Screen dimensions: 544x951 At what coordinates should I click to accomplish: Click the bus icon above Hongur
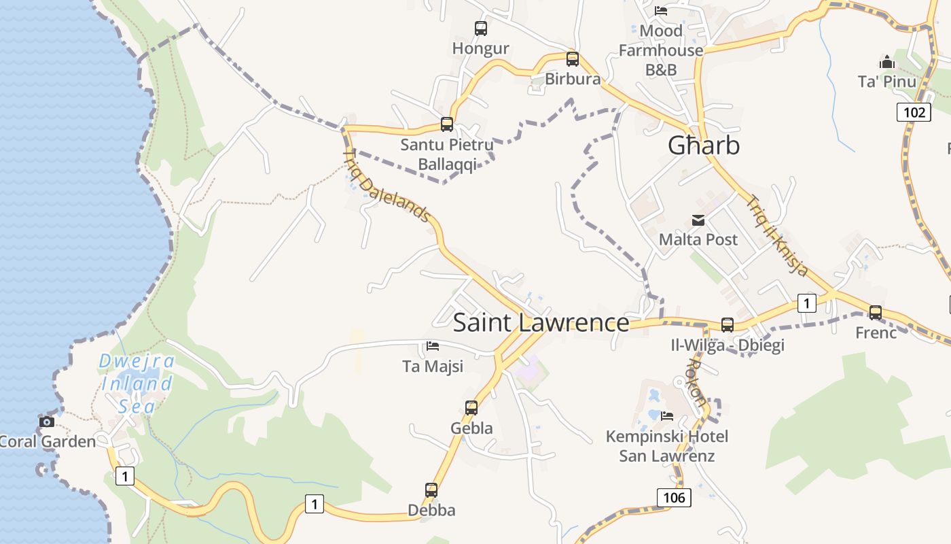click(x=481, y=29)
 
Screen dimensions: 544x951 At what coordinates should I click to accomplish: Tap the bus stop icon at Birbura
click(x=573, y=59)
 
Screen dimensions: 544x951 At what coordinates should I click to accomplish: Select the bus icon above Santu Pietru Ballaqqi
click(x=447, y=124)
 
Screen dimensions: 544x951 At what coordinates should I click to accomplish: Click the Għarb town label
click(x=704, y=146)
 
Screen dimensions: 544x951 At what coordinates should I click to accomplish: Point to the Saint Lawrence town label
click(x=541, y=322)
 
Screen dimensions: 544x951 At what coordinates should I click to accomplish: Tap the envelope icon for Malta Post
click(x=698, y=220)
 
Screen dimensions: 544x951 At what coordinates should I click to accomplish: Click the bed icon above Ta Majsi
click(x=433, y=346)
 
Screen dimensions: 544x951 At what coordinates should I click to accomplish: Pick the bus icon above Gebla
click(x=471, y=408)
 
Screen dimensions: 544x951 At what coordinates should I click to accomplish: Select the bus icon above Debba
click(x=431, y=490)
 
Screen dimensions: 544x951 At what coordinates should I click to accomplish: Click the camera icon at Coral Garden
click(x=47, y=422)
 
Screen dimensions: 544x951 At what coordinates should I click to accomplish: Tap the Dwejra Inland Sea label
click(x=137, y=384)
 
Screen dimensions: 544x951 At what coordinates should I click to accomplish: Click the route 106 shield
click(x=674, y=498)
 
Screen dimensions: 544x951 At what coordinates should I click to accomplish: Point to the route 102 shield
click(x=914, y=112)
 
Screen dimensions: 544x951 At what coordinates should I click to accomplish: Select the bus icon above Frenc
click(x=876, y=313)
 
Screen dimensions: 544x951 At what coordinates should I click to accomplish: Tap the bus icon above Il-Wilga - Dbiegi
click(x=728, y=325)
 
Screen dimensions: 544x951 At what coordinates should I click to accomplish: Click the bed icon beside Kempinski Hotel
click(x=667, y=415)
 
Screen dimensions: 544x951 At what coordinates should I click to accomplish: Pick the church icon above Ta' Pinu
click(x=887, y=63)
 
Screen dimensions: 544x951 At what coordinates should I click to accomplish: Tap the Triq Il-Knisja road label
click(x=778, y=236)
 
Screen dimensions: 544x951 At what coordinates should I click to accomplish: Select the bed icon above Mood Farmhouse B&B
click(x=661, y=11)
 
